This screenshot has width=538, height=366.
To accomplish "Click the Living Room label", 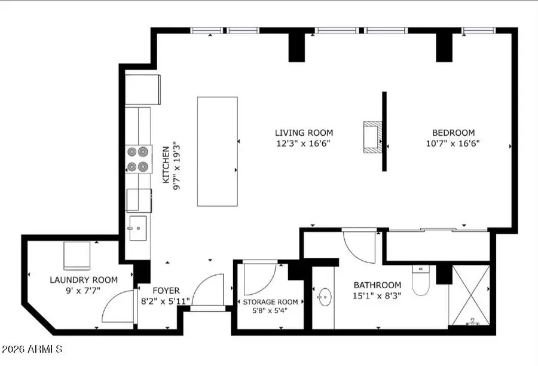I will [x=304, y=133].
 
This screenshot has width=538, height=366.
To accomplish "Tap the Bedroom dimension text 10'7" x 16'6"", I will [x=453, y=144].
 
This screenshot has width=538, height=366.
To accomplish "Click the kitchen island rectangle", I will [x=218, y=151].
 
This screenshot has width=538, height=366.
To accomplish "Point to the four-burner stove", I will [x=137, y=159].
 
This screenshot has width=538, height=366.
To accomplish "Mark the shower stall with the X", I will [x=472, y=295].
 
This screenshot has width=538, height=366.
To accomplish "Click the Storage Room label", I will [x=270, y=302].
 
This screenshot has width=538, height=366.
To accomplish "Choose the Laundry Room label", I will [x=84, y=280].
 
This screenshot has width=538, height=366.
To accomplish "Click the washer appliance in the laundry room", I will [x=77, y=257].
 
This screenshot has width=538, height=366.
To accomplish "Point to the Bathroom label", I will [x=377, y=285].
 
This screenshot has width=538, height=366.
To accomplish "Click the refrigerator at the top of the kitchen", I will [x=142, y=90].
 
